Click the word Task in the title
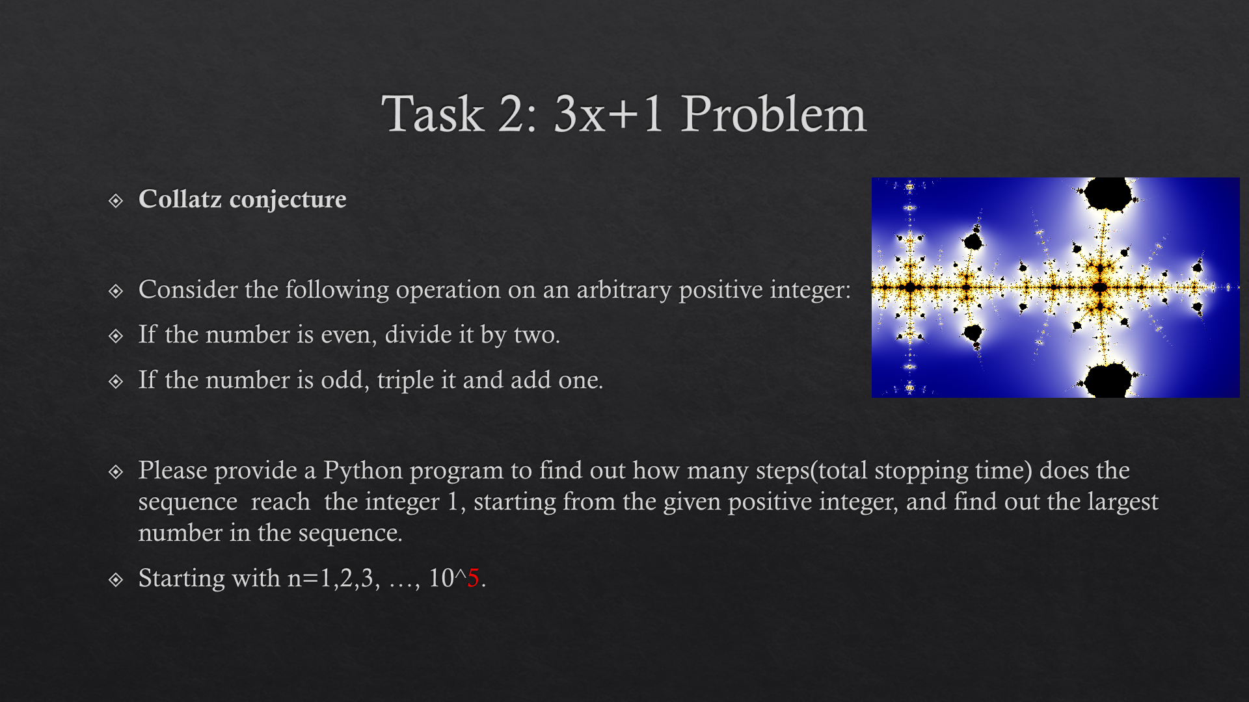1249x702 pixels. [x=433, y=114]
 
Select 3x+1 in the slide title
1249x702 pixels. [x=609, y=114]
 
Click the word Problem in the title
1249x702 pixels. [x=774, y=114]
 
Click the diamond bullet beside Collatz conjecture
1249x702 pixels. [x=116, y=201]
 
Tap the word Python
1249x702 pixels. [x=363, y=471]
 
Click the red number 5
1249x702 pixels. [x=473, y=578]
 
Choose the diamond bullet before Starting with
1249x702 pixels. [x=116, y=580]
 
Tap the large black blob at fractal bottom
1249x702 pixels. [x=1108, y=381]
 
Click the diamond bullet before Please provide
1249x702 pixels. [x=116, y=472]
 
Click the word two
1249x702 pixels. [x=537, y=335]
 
